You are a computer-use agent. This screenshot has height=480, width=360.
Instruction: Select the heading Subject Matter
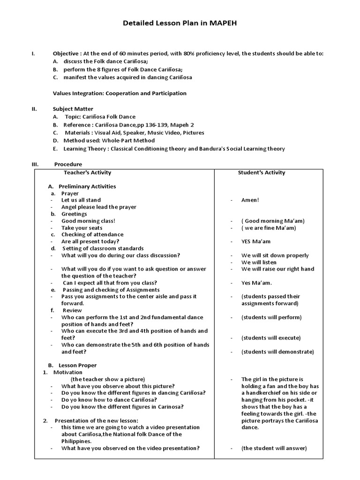73,109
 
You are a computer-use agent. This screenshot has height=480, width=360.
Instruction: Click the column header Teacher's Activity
88,172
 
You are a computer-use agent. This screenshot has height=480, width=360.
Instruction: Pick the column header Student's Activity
262,172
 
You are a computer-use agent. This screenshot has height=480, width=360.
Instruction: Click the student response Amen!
250,200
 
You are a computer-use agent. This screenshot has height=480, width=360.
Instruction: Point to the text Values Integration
78,93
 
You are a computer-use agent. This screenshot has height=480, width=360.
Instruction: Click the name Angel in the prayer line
69,207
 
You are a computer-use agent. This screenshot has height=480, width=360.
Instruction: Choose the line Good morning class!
88,221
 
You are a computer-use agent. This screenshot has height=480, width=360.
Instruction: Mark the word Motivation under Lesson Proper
68,372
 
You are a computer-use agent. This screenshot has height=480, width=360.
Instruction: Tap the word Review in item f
72,310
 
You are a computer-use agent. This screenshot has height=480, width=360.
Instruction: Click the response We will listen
259,262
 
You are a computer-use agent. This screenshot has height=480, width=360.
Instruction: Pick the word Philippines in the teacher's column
76,441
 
